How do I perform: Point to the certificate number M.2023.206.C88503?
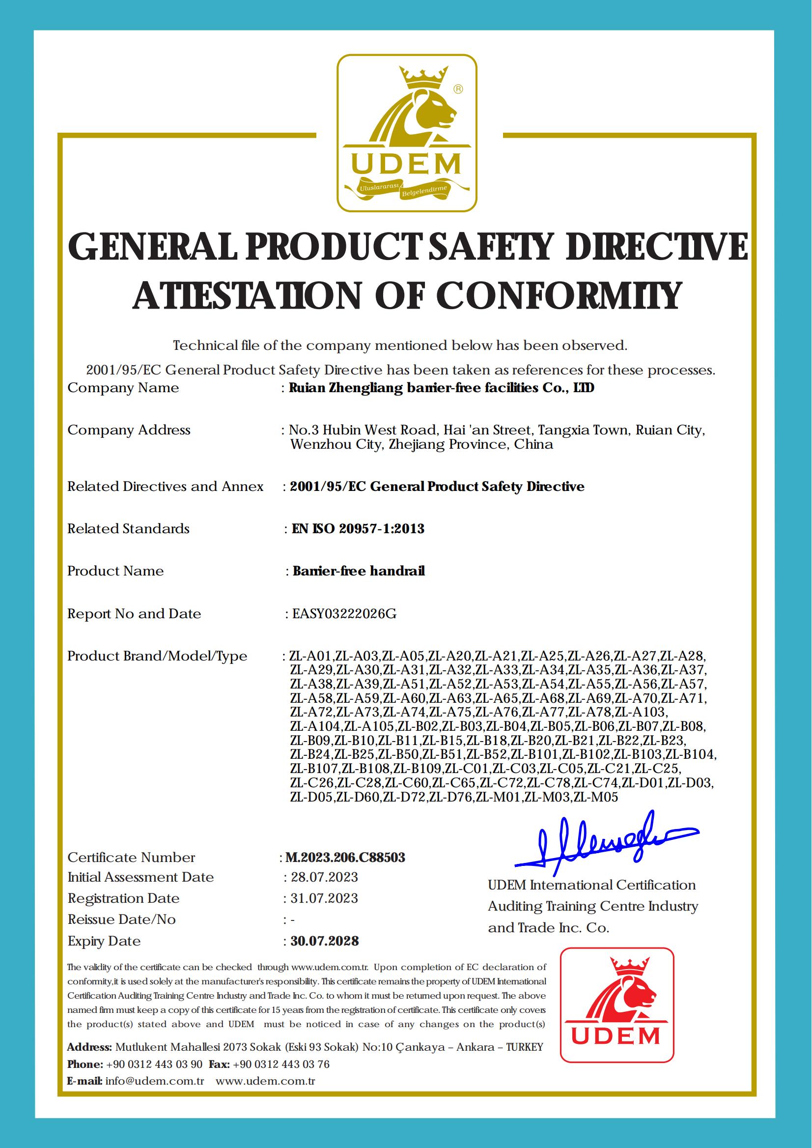tap(345, 858)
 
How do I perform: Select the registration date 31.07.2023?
tap(324, 898)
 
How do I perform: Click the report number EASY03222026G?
tap(344, 614)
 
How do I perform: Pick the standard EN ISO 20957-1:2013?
tap(358, 529)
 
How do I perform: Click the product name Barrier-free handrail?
tap(359, 571)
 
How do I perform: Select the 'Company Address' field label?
tap(129, 430)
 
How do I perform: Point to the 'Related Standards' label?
tap(129, 529)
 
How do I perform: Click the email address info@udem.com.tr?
tap(155, 1081)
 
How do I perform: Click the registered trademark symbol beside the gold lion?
tap(457, 89)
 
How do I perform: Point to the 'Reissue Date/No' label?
tap(121, 919)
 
